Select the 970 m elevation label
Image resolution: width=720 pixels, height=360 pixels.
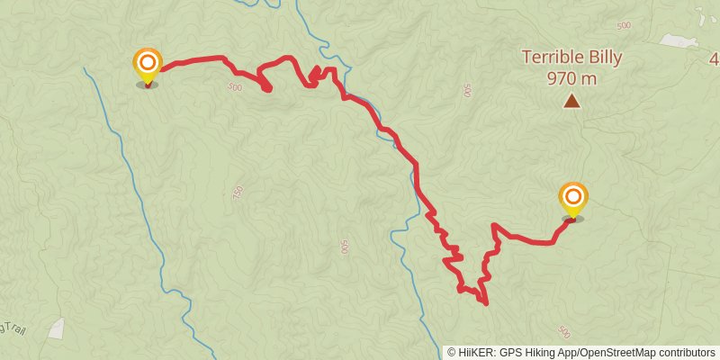(x=571, y=77)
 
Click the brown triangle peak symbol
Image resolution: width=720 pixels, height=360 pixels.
(x=571, y=101)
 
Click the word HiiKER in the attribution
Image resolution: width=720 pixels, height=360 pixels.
(x=474, y=352)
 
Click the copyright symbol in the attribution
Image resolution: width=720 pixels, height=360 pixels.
(x=452, y=352)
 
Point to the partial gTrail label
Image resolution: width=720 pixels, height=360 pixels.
(x=13, y=329)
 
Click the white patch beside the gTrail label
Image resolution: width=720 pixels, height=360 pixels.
(x=56, y=328)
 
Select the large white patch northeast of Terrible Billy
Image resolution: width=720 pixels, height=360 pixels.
(x=679, y=40)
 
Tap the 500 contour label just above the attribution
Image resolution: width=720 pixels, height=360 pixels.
(x=564, y=331)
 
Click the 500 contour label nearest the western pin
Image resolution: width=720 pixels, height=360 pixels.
(x=236, y=87)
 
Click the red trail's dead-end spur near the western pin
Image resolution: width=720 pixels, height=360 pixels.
(x=267, y=88)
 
